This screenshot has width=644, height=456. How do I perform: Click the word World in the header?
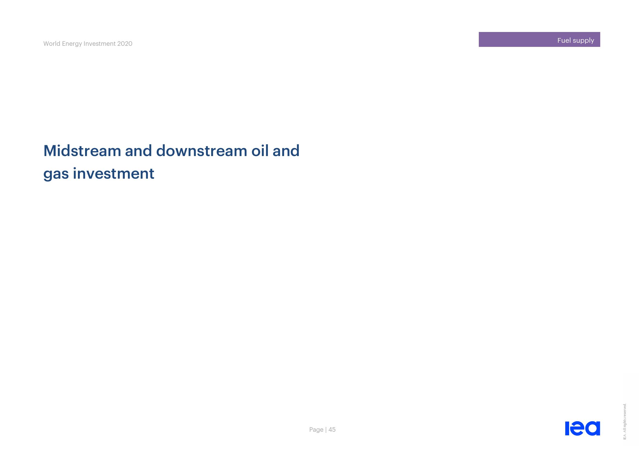click(x=52, y=44)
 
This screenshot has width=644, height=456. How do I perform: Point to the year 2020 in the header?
click(x=125, y=44)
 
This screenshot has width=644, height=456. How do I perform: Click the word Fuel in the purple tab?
click(x=564, y=41)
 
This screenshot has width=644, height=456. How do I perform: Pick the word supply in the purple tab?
click(x=583, y=41)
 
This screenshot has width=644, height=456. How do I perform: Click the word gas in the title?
click(x=56, y=174)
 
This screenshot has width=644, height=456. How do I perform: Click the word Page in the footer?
click(x=316, y=430)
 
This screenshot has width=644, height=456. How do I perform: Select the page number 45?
click(x=332, y=430)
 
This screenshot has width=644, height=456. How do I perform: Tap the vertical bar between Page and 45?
click(x=326, y=430)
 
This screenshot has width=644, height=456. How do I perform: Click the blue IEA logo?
click(x=583, y=428)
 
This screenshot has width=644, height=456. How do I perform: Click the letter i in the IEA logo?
click(x=567, y=428)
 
